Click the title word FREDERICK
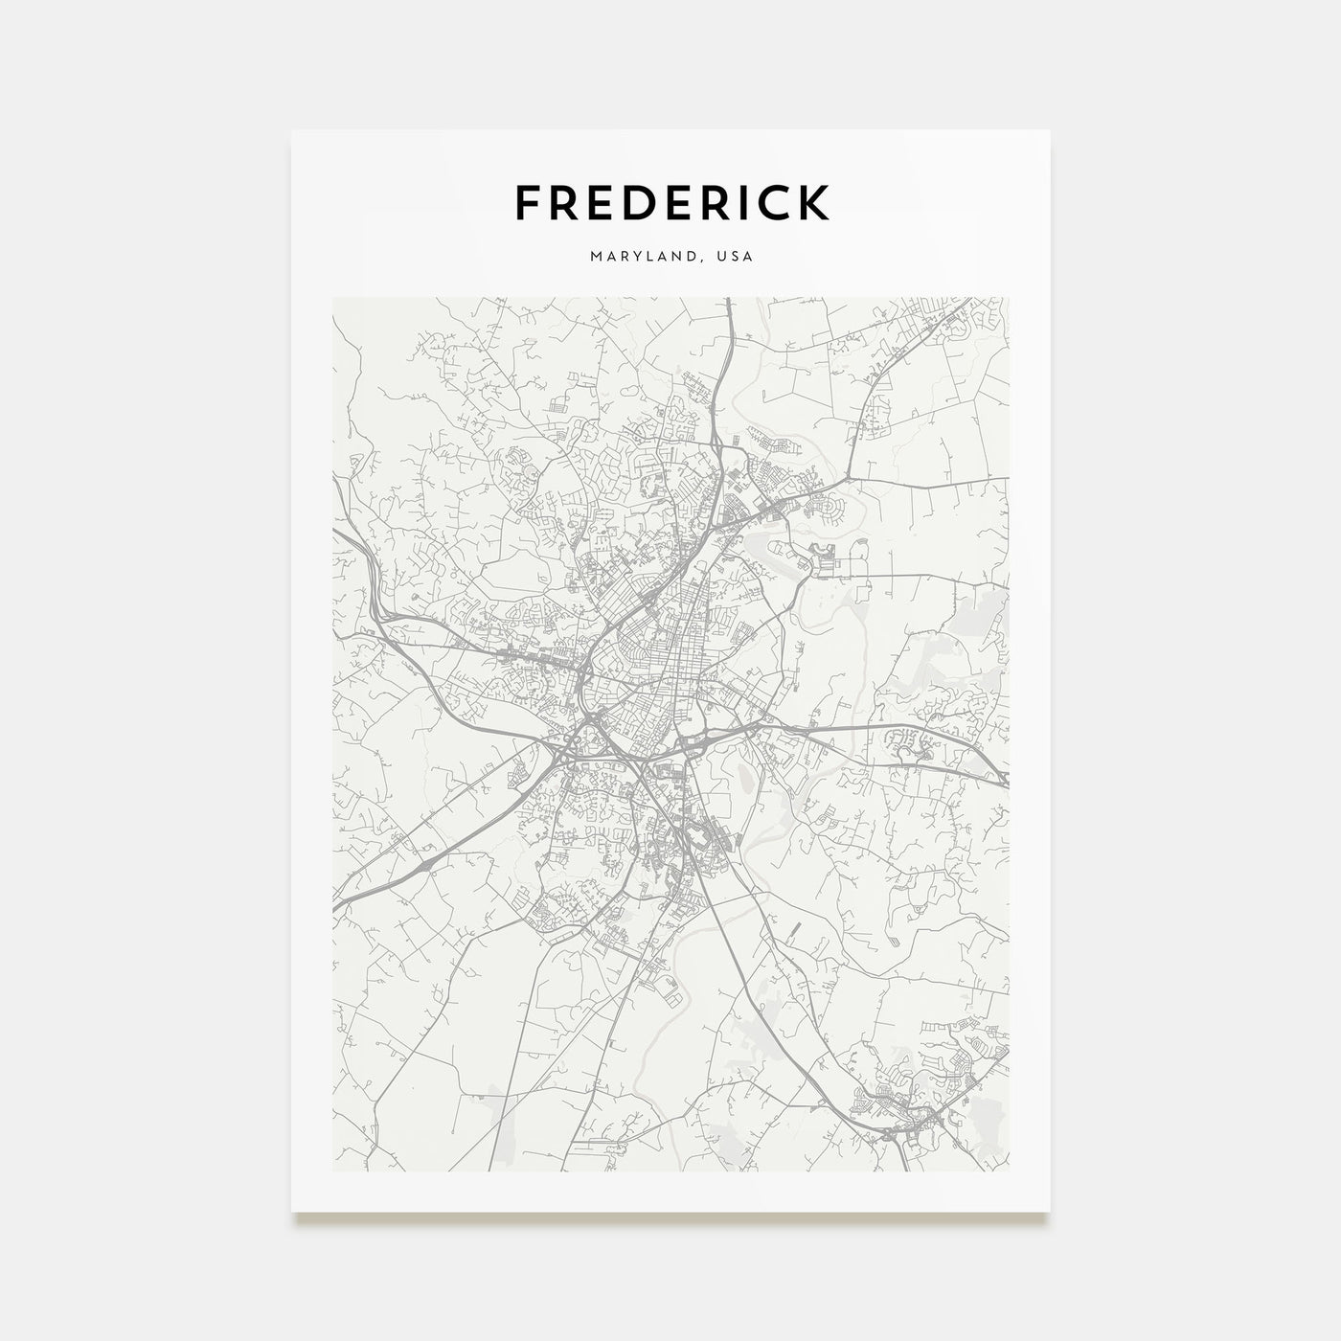671,202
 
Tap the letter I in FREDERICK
721,202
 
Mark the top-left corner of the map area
332,297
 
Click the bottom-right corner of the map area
1009,1171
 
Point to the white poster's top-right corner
1050,130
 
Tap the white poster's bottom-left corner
291,1211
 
